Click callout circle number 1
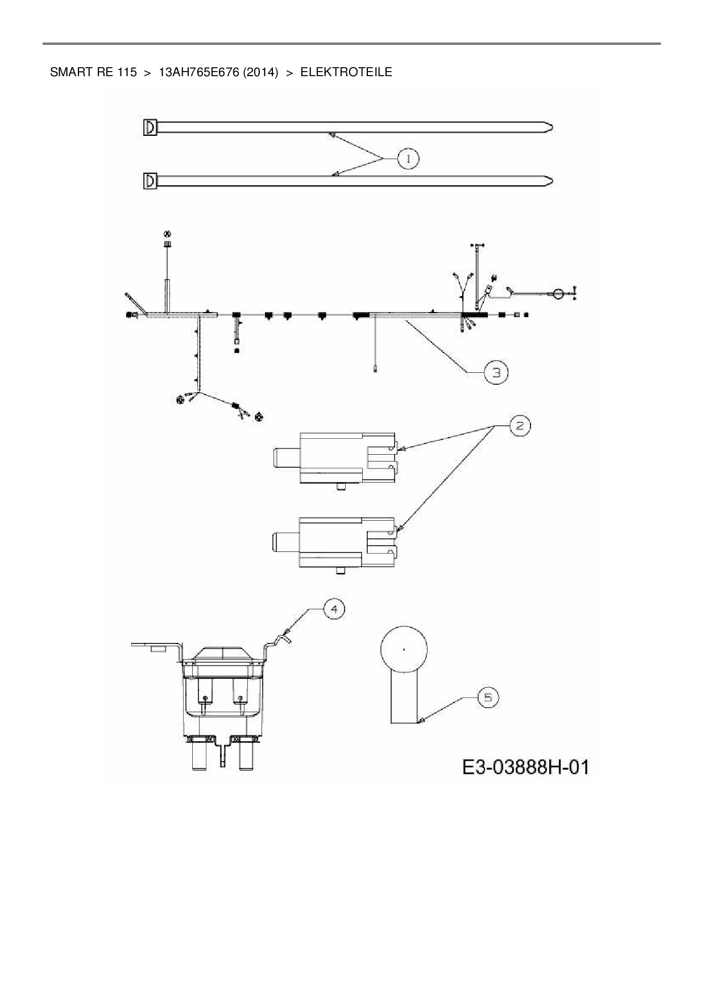[x=408, y=159]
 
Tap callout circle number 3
[x=496, y=372]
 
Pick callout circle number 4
[x=334, y=609]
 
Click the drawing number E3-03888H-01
[x=525, y=767]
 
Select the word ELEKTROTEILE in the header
[x=346, y=72]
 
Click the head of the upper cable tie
[x=150, y=127]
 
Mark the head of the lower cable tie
[x=150, y=181]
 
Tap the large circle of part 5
[x=403, y=649]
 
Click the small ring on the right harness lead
[x=558, y=293]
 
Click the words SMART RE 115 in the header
[x=93, y=72]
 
